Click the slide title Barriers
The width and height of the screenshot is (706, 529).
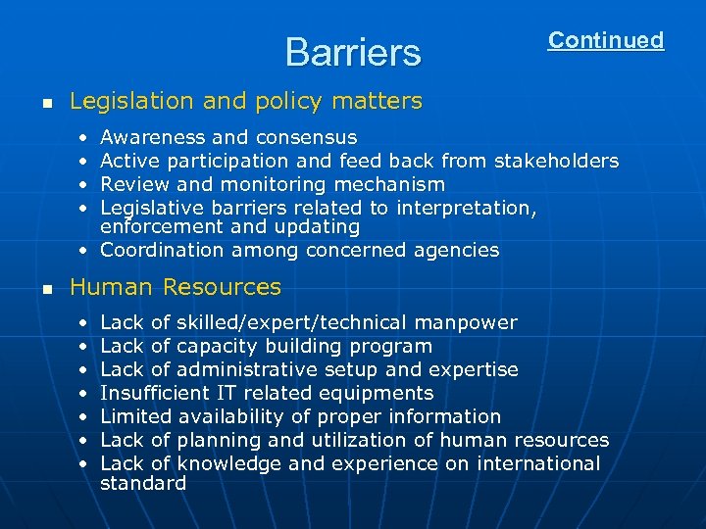(x=352, y=52)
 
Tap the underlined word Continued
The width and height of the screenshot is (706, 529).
(x=605, y=40)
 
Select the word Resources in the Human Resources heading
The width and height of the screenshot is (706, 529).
(x=222, y=288)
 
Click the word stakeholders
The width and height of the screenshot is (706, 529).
(x=556, y=161)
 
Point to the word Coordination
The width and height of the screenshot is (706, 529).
(x=162, y=250)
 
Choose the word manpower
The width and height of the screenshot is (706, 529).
(x=466, y=322)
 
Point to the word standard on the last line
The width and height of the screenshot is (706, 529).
(x=143, y=483)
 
